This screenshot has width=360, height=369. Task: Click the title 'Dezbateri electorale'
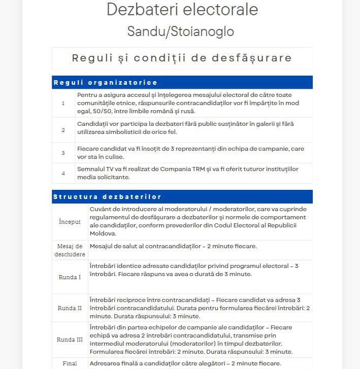[182, 10]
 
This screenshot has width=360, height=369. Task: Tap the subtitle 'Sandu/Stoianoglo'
[180, 31]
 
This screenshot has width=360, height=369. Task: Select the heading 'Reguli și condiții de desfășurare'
[182, 58]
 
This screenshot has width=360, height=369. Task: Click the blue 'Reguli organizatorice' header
[106, 82]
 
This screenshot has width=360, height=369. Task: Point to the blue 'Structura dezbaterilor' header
[107, 196]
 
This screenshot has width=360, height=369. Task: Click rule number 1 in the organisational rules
[63, 103]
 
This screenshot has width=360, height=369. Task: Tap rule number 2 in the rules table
[63, 130]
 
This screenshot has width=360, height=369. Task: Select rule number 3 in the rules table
[63, 152]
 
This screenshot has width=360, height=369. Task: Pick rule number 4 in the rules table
[63, 173]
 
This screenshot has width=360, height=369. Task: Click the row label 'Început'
[70, 222]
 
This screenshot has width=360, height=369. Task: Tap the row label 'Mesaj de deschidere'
[70, 250]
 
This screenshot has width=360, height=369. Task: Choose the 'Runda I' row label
[70, 277]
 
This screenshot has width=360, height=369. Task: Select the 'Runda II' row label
[70, 308]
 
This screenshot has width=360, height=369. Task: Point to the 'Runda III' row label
[70, 340]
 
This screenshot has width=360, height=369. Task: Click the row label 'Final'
[70, 363]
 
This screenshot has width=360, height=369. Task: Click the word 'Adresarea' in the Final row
[105, 363]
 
